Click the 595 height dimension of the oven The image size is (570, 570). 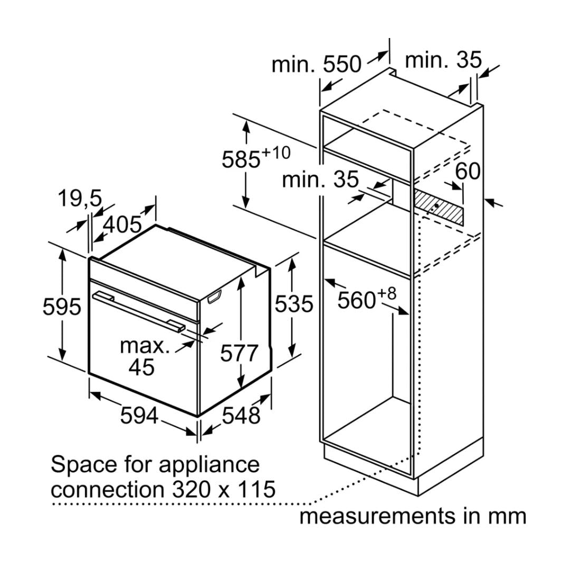[x=62, y=307]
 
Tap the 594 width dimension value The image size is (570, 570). [x=139, y=416]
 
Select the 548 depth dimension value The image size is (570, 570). [x=241, y=416]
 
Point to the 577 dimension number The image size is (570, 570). [x=240, y=354]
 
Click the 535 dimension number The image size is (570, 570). [x=294, y=305]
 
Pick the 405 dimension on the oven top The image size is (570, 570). [x=122, y=225]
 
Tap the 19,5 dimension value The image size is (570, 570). [x=79, y=199]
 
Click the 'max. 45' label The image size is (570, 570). [x=144, y=356]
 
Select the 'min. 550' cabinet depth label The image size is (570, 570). [x=316, y=64]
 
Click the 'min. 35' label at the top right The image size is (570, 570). [x=443, y=60]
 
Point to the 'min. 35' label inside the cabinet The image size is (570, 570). [x=320, y=179]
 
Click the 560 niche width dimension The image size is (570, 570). [x=366, y=300]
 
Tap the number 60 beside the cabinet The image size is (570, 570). [x=468, y=171]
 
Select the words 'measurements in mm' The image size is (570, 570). [x=413, y=516]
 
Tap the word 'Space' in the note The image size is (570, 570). [x=76, y=465]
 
